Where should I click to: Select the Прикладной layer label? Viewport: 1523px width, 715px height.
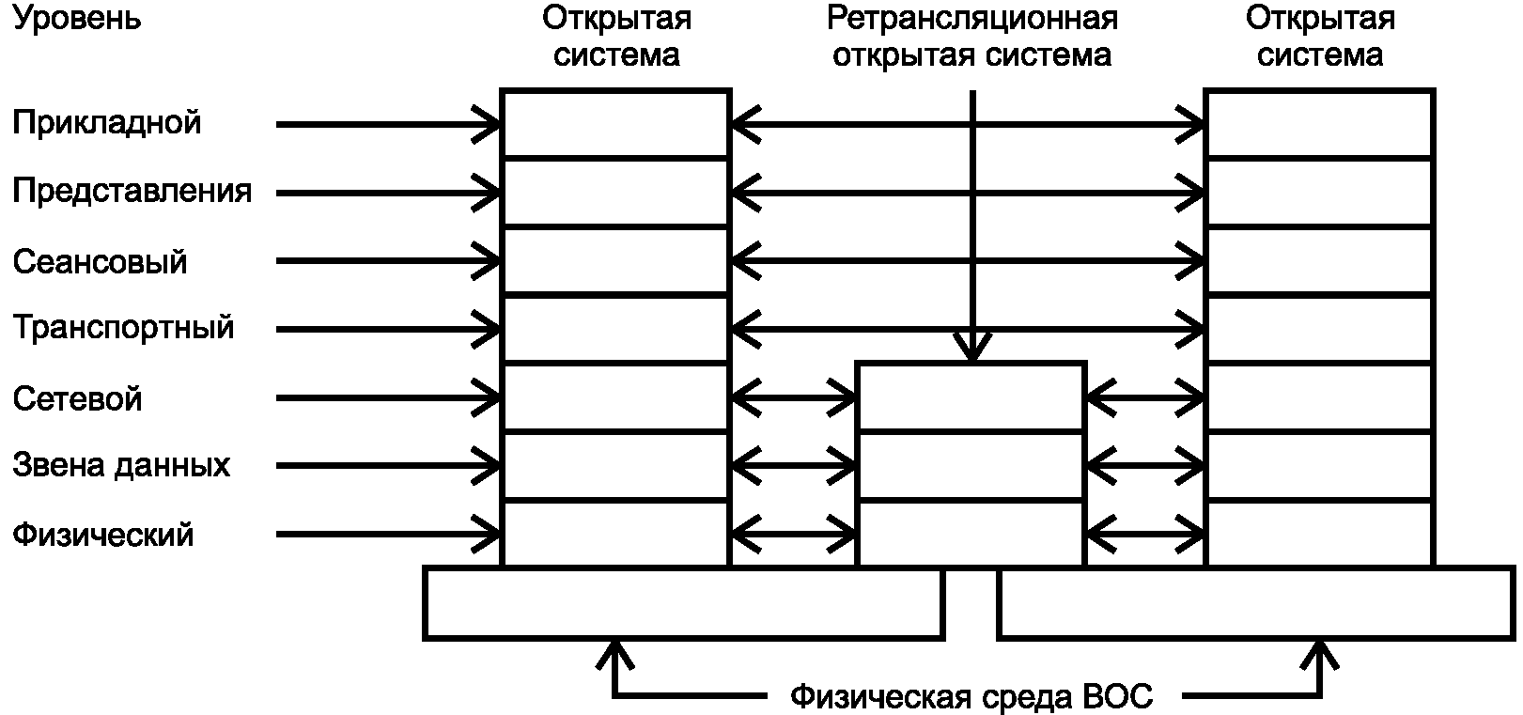(x=107, y=123)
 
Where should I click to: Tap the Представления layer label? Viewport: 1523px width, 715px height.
(x=132, y=192)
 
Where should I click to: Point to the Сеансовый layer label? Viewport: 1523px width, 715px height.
(x=100, y=261)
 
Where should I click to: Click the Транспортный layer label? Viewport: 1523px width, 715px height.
(x=123, y=328)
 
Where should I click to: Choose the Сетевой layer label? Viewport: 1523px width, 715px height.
(x=77, y=398)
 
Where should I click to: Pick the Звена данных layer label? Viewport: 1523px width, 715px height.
(x=121, y=466)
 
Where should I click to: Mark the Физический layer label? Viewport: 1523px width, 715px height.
(x=102, y=535)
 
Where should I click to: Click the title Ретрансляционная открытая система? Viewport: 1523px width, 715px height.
(x=972, y=37)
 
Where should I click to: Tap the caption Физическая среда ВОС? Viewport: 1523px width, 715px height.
(x=971, y=696)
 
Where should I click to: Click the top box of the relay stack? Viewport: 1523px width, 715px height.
(x=971, y=396)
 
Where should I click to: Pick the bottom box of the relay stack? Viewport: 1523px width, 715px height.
(x=971, y=535)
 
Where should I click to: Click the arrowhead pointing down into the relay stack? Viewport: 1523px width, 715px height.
(x=972, y=347)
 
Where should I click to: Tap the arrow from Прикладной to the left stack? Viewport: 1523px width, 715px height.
(x=388, y=124)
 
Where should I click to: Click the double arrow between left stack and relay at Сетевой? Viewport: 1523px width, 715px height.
(x=794, y=397)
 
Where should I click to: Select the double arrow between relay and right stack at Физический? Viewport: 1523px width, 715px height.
(x=1145, y=535)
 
